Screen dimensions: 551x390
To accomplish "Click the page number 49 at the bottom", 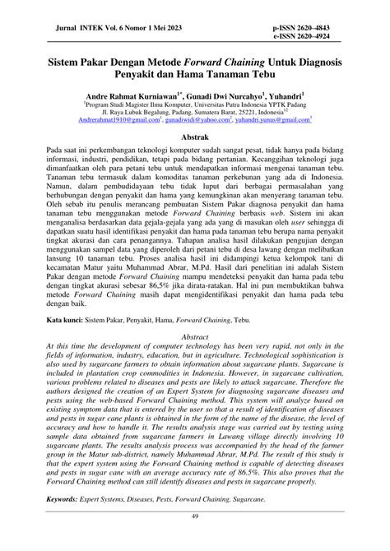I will [x=194, y=539].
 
